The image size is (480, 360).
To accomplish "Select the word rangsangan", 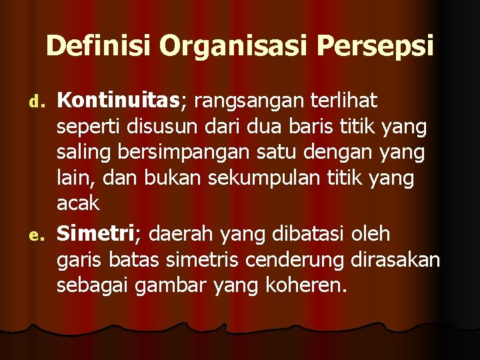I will (246, 102).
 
